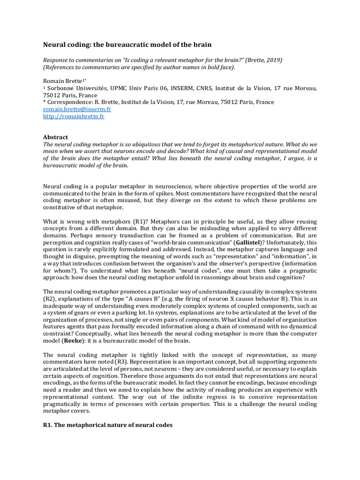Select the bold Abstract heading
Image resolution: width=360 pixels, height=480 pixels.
coord(55,137)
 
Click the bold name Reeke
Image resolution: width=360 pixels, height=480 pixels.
coord(73,340)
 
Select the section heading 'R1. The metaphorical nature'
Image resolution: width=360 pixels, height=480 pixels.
coord(108,425)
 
